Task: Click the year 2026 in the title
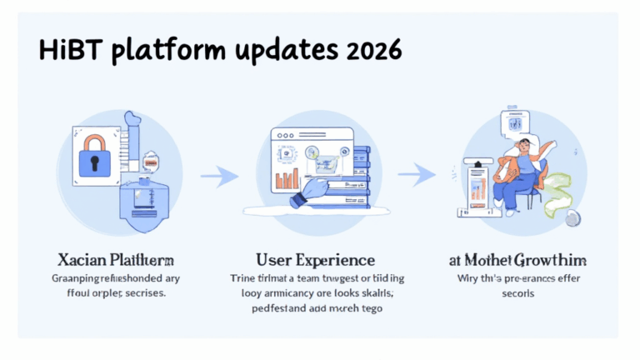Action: click(371, 52)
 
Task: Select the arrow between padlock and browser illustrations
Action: click(214, 176)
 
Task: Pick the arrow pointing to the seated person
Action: click(417, 174)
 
